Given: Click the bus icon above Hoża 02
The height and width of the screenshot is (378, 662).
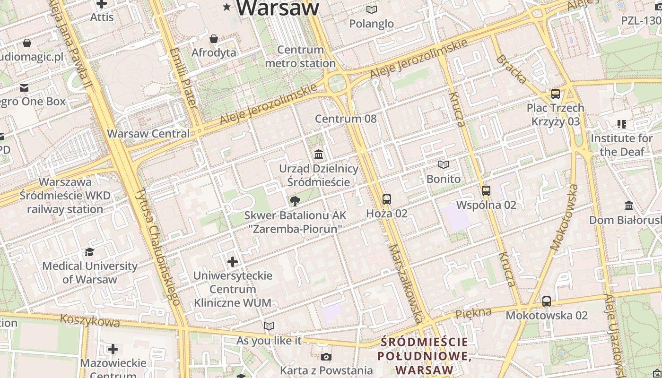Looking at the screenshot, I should click(x=387, y=199).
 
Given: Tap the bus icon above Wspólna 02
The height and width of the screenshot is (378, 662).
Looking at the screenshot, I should click(x=486, y=191).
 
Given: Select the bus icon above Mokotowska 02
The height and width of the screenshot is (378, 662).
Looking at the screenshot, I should click(x=546, y=301).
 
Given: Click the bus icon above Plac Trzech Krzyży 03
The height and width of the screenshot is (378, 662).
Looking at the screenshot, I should click(x=555, y=94).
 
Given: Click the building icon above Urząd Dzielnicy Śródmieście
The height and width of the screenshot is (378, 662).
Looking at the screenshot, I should click(x=318, y=155).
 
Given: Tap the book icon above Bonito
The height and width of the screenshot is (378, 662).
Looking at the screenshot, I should click(x=443, y=165).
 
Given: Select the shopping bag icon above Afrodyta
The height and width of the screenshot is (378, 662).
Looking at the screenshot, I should click(x=214, y=39).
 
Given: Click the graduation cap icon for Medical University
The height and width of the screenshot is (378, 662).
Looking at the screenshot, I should click(x=89, y=252).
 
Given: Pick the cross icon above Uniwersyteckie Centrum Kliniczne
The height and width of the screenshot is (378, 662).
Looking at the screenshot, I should click(x=233, y=261).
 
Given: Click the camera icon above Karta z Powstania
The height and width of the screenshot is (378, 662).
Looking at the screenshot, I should click(x=326, y=357).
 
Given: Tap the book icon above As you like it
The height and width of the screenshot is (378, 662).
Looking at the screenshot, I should click(x=269, y=326).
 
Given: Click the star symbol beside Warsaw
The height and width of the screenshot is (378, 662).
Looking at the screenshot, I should click(x=227, y=7).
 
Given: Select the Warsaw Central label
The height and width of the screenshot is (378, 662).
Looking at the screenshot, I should click(x=148, y=134).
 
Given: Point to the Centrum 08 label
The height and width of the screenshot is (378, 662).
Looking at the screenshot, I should click(x=346, y=119).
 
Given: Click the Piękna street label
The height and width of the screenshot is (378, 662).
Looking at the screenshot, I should click(x=473, y=313).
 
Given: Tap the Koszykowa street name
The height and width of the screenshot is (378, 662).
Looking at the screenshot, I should click(x=90, y=321).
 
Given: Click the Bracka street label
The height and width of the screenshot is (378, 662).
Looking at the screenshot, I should click(x=511, y=69).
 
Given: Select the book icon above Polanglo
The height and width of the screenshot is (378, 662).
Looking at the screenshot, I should click(x=372, y=9).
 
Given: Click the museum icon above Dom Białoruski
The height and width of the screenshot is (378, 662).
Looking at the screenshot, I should click(x=629, y=206).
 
